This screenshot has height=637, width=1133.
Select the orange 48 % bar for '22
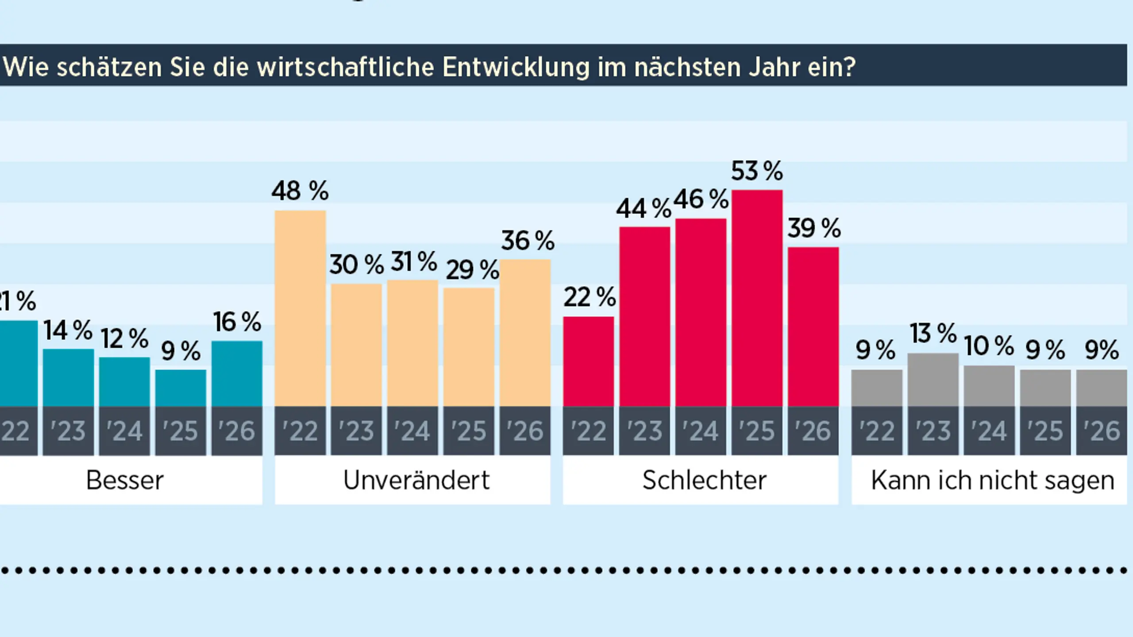tap(300, 308)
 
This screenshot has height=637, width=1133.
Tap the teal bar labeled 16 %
tap(237, 373)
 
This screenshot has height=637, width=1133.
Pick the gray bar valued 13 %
tap(933, 380)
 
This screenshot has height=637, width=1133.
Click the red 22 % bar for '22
tap(588, 361)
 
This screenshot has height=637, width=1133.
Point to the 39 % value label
tap(814, 229)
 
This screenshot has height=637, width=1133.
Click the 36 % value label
tap(528, 241)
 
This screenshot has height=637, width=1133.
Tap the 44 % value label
tap(643, 209)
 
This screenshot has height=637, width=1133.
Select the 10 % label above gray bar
tap(989, 346)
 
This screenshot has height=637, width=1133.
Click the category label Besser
tap(125, 480)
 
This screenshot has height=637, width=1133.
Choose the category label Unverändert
tap(416, 480)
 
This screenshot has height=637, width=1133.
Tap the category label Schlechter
tap(704, 480)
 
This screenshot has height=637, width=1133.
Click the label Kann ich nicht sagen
tap(993, 480)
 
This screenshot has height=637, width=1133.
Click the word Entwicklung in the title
tap(516, 67)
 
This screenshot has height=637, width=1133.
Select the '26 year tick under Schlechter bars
tap(813, 431)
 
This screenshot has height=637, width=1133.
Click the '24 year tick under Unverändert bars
tap(412, 431)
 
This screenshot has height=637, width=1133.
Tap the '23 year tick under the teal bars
tap(68, 431)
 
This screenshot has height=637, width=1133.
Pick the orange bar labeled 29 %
tap(469, 347)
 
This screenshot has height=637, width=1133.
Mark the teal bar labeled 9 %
tap(181, 388)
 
